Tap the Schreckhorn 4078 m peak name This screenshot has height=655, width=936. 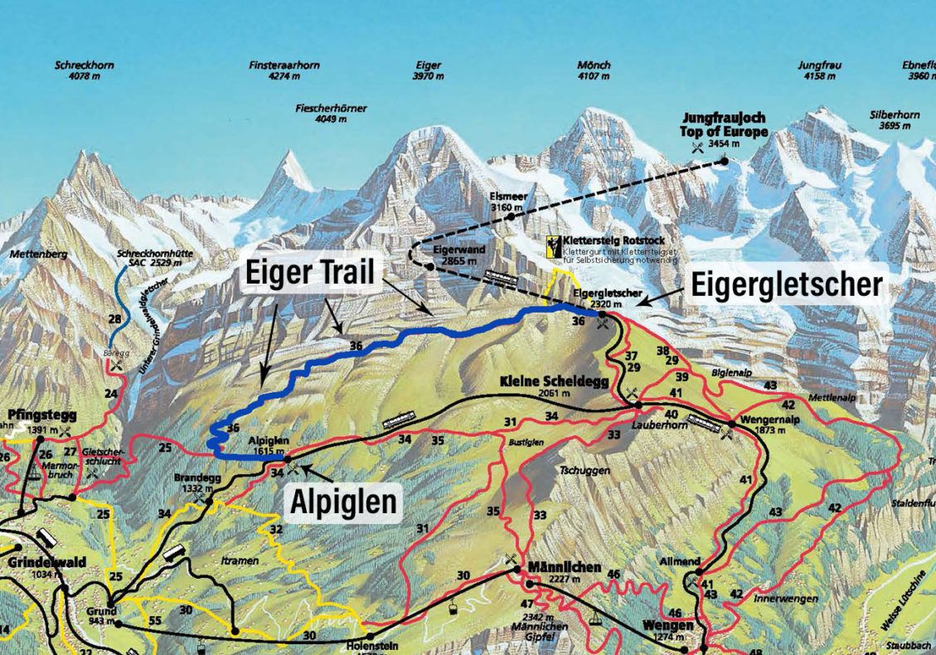pos(84,70)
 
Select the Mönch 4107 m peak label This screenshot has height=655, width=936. pos(594,70)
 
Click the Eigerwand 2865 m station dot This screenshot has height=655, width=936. pos(429,266)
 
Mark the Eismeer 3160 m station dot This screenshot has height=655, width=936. pos(511,216)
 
